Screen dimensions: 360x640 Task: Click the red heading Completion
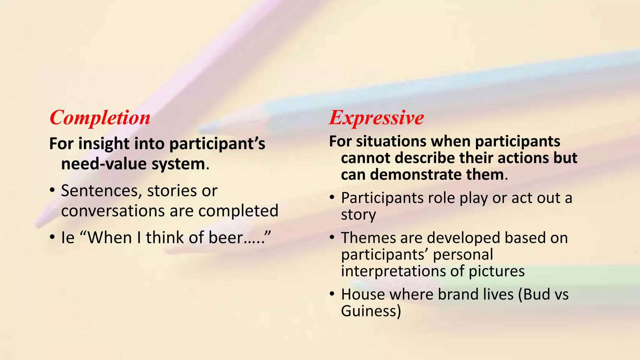point(100,118)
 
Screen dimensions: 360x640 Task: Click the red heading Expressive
point(376,118)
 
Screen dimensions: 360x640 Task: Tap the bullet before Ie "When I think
point(52,237)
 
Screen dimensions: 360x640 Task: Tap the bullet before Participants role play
point(332,198)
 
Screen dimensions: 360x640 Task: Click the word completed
point(238,211)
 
